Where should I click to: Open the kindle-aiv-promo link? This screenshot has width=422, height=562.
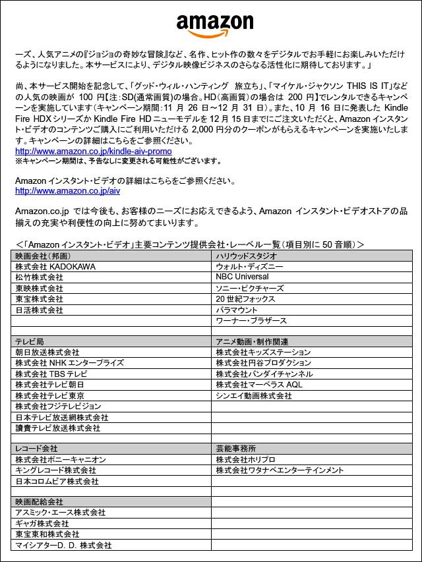pyautogui.click(x=93, y=152)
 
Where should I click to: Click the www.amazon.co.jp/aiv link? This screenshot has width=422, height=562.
pyautogui.click(x=67, y=190)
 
